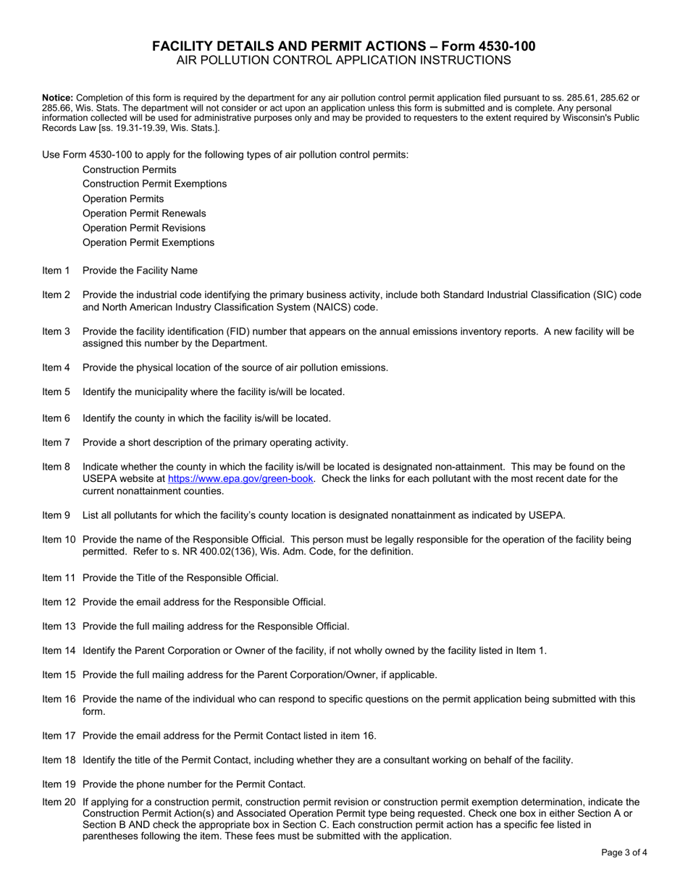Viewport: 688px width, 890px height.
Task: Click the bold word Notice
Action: pos(58,97)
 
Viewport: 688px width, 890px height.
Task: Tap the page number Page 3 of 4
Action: pos(624,852)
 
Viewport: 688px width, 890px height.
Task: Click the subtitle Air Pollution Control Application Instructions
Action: pos(343,61)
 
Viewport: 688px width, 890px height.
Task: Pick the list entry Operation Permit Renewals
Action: pos(144,213)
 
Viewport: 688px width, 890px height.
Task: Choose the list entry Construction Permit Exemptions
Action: pos(154,184)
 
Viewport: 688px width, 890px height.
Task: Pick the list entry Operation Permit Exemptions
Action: pos(148,242)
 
